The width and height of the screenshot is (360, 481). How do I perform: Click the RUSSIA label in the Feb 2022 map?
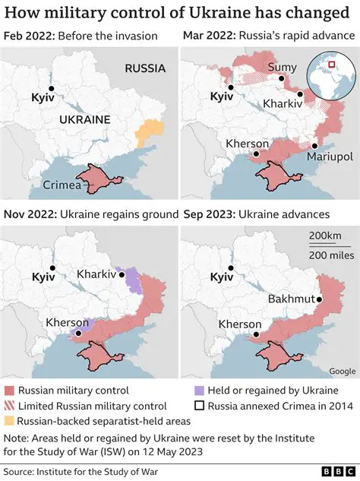click(145, 68)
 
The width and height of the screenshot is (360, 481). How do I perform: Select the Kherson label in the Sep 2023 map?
click(240, 324)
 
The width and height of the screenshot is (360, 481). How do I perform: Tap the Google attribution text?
click(341, 371)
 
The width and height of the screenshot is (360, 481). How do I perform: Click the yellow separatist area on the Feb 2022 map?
click(149, 134)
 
